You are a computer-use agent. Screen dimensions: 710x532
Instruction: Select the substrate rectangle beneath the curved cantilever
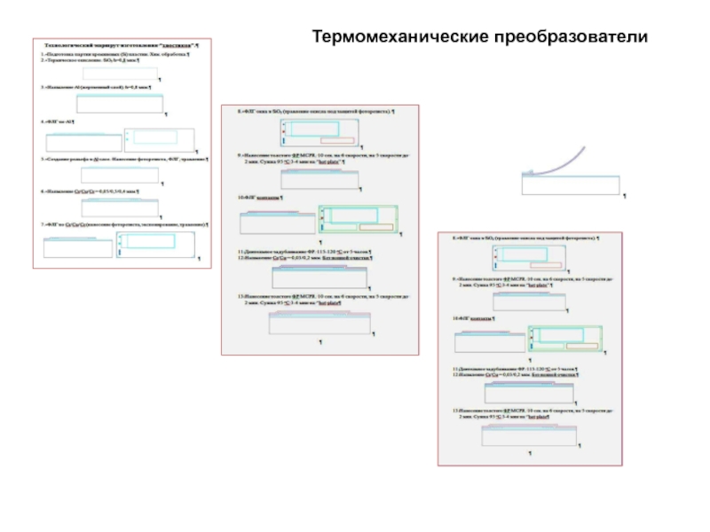coord(571,184)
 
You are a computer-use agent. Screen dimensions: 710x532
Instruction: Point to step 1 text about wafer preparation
coord(115,54)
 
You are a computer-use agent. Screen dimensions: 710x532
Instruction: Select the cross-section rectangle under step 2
coord(120,74)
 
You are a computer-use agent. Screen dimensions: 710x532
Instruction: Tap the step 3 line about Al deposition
coord(98,88)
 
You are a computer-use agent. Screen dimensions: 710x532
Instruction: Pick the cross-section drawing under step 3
coord(121,105)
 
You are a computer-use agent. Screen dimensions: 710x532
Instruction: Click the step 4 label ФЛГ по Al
coord(59,120)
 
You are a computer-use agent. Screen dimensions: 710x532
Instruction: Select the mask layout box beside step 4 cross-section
coord(157,138)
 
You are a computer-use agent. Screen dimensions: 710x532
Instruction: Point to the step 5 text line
coord(124,158)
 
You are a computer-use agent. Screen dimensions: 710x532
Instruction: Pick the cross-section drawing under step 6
coord(120,207)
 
